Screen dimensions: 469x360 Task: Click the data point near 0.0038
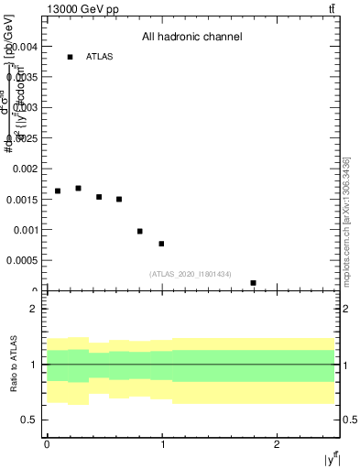[x=70, y=57]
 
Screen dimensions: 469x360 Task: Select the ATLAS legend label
[x=99, y=57]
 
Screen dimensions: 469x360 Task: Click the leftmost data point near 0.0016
[x=58, y=191]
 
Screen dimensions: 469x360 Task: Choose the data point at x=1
[x=161, y=244]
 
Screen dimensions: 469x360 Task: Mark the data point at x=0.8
[x=139, y=231]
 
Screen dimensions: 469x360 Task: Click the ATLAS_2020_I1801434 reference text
[x=191, y=274]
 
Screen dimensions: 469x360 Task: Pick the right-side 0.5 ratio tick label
[x=348, y=420]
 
